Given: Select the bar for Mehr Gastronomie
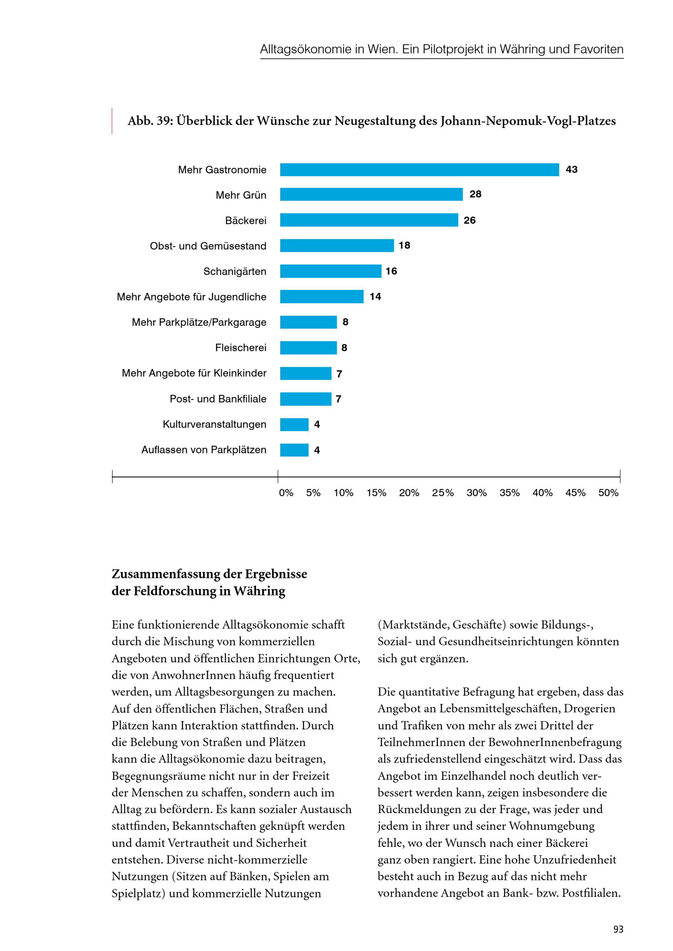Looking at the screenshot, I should click(419, 170).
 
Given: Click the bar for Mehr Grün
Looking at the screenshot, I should click(371, 195).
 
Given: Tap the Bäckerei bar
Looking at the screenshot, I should click(369, 220).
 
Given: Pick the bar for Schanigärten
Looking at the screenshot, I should click(331, 271).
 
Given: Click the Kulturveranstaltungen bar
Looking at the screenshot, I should click(294, 424).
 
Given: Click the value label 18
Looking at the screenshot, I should click(404, 245).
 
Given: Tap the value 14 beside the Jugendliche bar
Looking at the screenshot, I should click(376, 297).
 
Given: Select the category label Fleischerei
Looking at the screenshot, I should click(241, 347).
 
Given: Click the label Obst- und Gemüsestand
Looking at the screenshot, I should click(208, 246).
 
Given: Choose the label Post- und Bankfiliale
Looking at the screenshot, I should click(218, 399).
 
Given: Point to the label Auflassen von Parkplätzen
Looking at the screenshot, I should click(204, 450).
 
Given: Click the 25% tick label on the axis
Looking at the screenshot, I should click(443, 493).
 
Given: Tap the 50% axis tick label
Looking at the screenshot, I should click(608, 493).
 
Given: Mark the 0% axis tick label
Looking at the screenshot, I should click(286, 493).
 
